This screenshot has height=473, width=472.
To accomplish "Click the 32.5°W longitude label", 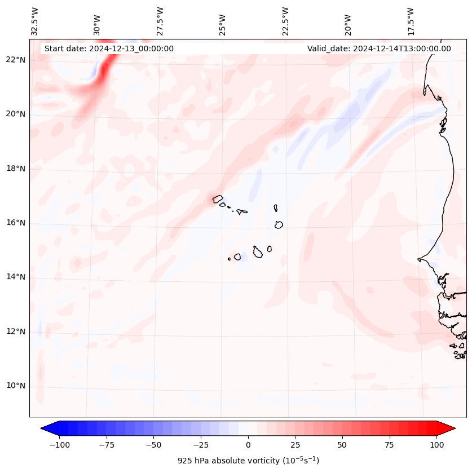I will [35, 21].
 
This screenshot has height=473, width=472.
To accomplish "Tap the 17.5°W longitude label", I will [411, 21].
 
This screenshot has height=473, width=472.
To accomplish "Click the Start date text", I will [109, 48].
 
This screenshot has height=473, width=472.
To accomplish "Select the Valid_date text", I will [379, 48].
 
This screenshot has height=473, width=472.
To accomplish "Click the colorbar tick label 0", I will [248, 445].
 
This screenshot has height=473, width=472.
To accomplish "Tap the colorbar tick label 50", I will [342, 445].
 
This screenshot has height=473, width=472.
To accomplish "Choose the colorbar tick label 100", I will [436, 445].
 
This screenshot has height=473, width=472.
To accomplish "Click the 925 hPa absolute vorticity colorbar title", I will [248, 461].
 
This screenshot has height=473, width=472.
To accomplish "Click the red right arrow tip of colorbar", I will [453, 428].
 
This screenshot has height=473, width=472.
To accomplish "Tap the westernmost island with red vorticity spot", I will [217, 198].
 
